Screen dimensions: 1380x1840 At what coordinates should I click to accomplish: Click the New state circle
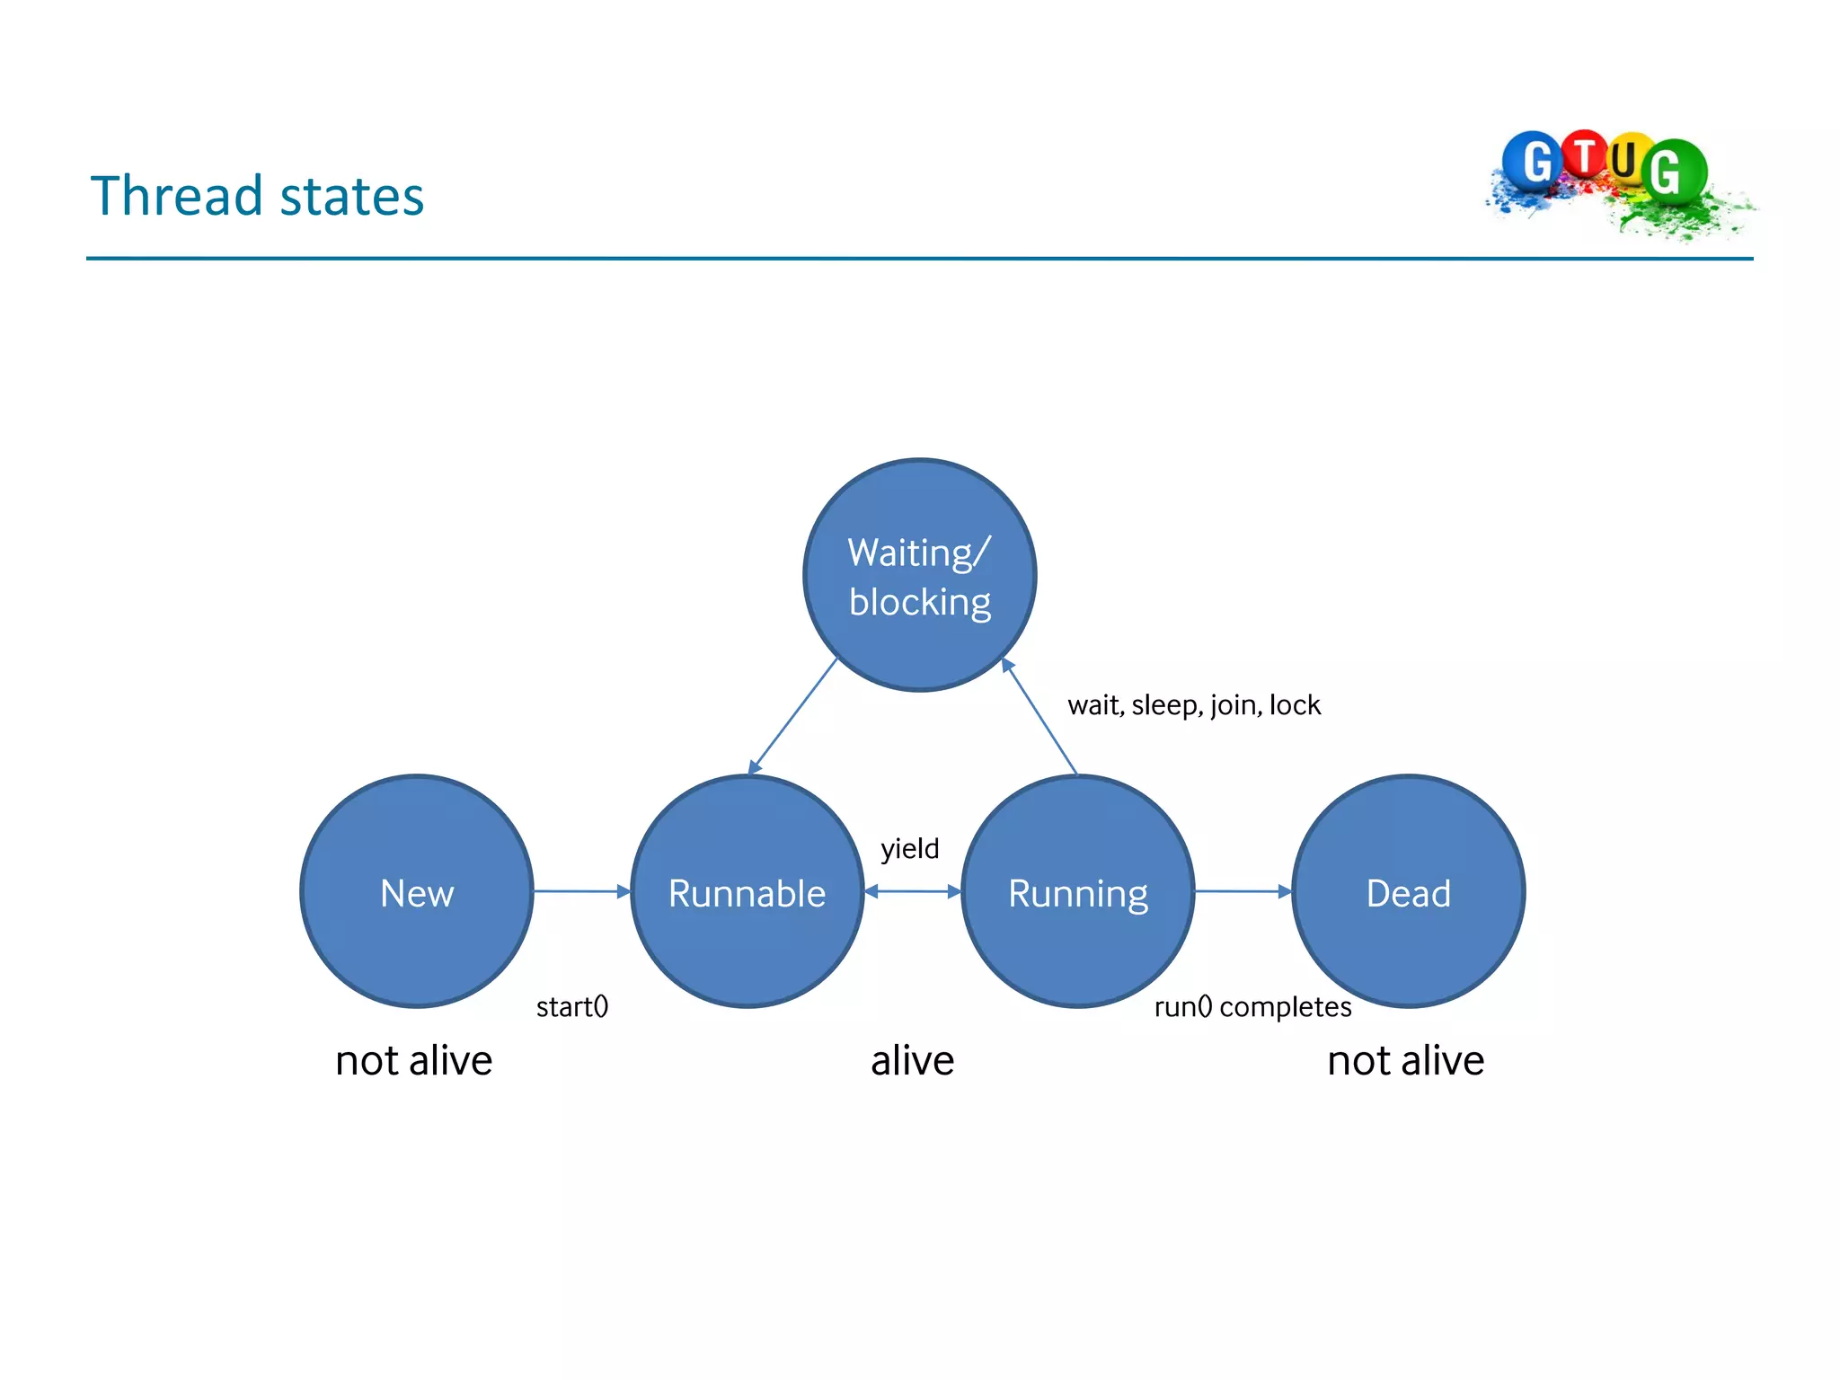[x=417, y=891]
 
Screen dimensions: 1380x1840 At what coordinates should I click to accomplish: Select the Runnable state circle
[x=747, y=891]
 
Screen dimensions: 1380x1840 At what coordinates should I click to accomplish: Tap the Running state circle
[x=1077, y=891]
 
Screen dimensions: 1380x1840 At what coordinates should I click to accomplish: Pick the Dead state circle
[x=1408, y=891]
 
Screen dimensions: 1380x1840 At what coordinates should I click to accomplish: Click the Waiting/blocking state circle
[x=919, y=575]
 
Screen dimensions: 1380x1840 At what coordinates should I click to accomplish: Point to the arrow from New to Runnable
[x=581, y=891]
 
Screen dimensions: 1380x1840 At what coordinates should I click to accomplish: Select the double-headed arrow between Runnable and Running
[x=912, y=891]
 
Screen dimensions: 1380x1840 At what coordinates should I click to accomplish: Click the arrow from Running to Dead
[x=1243, y=891]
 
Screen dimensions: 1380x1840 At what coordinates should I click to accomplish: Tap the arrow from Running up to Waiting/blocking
[x=1039, y=717]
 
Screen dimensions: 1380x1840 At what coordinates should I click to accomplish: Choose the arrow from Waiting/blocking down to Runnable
[x=793, y=715]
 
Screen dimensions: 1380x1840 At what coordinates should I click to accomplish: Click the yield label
[x=909, y=848]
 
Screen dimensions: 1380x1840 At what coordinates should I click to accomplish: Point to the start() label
[x=572, y=1006]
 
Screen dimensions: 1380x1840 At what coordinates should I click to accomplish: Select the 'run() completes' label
[x=1252, y=1006]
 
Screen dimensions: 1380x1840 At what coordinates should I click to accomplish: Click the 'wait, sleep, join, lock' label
[x=1194, y=705]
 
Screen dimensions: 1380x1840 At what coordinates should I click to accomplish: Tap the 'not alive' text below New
[x=413, y=1061]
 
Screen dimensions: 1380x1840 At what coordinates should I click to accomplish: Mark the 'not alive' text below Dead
[x=1405, y=1061]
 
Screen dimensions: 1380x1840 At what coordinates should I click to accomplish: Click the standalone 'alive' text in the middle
[x=912, y=1061]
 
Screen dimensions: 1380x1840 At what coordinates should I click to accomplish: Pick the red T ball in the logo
[x=1585, y=156]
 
